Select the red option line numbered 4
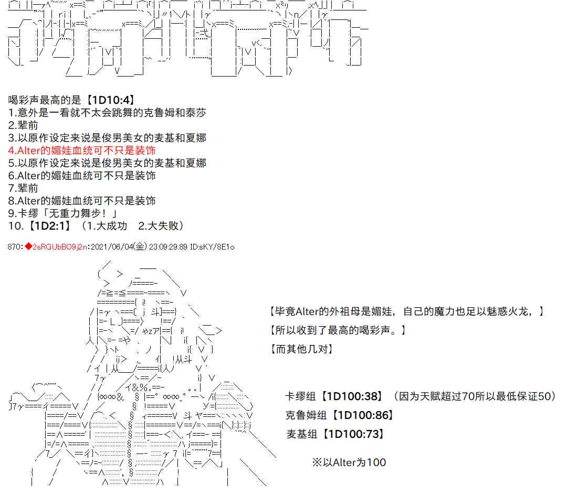[82, 150]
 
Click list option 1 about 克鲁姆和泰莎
[107, 113]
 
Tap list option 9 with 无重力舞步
[62, 213]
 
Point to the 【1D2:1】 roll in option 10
[49, 226]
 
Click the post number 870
[14, 247]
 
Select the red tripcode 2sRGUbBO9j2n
[60, 247]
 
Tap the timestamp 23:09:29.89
[168, 247]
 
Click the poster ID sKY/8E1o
[217, 247]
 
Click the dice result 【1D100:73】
[353, 434]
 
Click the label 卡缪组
[300, 396]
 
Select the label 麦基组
[301, 434]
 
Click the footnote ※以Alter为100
[349, 462]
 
